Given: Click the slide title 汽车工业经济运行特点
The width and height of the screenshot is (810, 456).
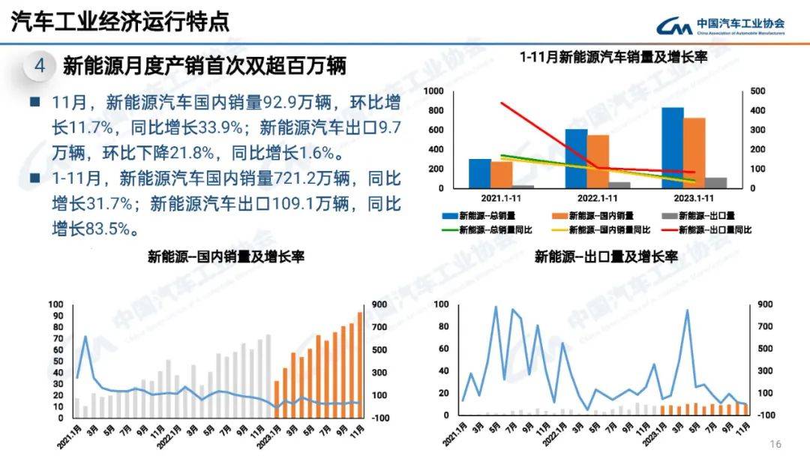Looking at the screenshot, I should [120, 22].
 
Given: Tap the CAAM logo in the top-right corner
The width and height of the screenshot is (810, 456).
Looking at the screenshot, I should [721, 26].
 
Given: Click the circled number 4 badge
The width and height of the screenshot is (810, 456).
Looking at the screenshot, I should [40, 66].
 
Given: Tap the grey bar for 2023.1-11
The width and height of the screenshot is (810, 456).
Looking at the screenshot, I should [715, 182].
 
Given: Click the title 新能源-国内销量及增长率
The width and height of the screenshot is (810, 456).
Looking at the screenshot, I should [225, 256].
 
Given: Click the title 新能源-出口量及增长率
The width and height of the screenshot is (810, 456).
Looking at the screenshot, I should [606, 256].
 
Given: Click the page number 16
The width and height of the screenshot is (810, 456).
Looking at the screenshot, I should [776, 442].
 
